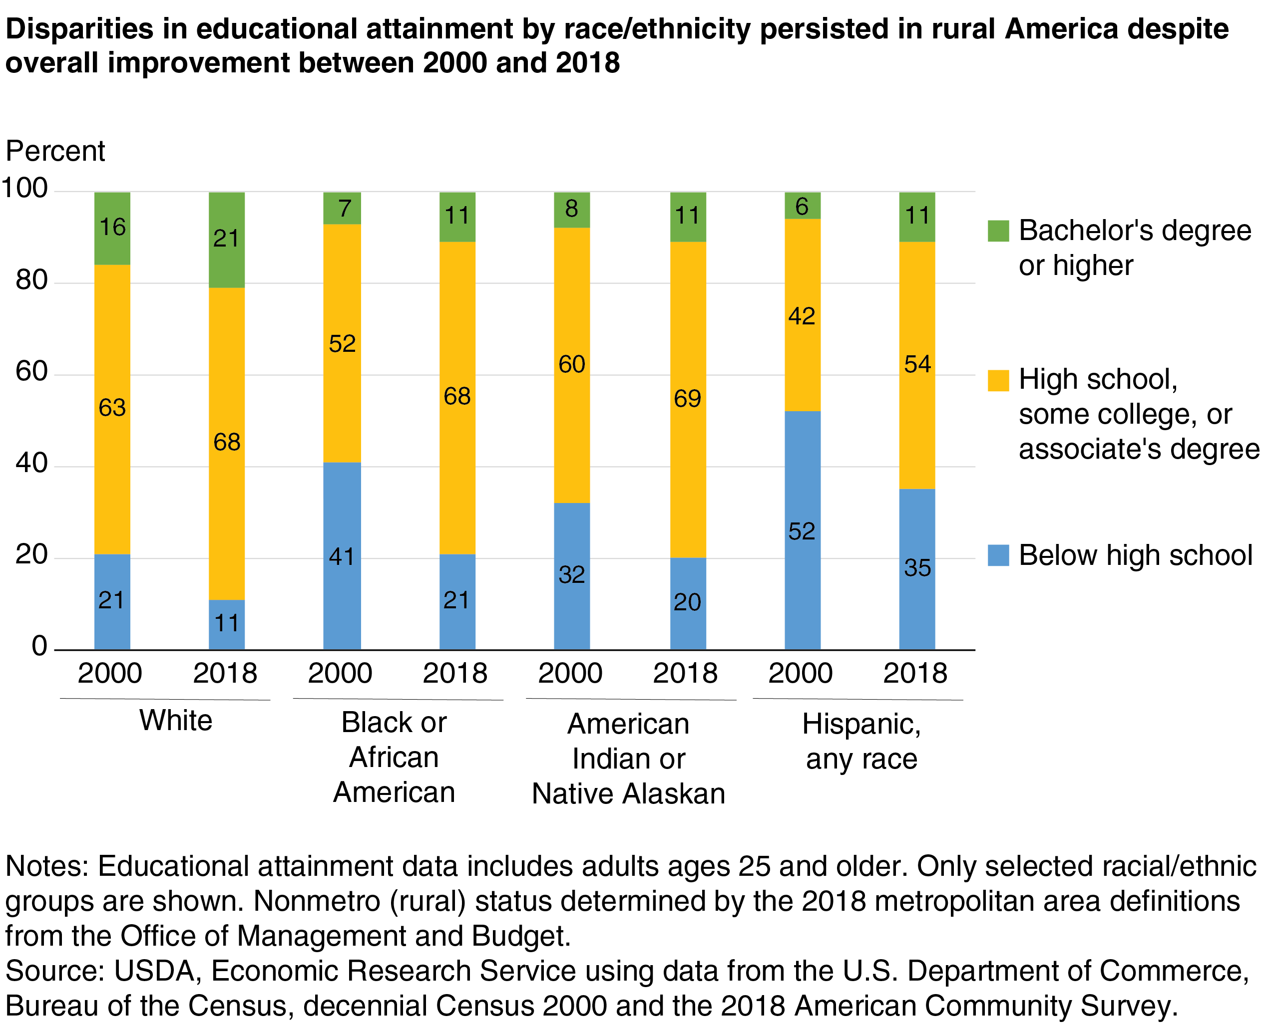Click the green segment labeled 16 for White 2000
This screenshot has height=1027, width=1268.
coord(112,229)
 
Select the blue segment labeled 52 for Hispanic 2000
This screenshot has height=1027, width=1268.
coord(802,530)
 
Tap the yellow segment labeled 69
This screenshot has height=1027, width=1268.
coord(687,399)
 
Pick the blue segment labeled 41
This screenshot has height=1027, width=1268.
coord(342,555)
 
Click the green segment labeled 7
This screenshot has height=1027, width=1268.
coord(342,208)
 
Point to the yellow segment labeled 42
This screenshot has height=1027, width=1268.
coord(802,315)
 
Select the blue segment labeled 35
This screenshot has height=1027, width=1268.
coord(916,568)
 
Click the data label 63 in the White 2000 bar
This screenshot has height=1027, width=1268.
coord(112,408)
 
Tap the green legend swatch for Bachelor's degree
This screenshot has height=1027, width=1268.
coord(998,231)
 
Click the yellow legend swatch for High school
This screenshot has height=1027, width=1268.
coord(998,380)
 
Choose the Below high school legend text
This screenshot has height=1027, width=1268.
coord(1135,555)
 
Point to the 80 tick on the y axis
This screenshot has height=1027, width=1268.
coord(32,280)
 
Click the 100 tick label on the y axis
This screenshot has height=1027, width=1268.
coord(25,188)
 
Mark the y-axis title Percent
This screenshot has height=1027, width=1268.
coord(55,151)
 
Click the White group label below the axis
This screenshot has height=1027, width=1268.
coord(176,721)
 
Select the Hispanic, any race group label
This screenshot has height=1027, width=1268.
coord(861,741)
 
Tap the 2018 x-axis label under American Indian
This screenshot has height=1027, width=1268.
coord(685,673)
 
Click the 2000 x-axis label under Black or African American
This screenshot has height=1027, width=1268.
coord(340,673)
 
